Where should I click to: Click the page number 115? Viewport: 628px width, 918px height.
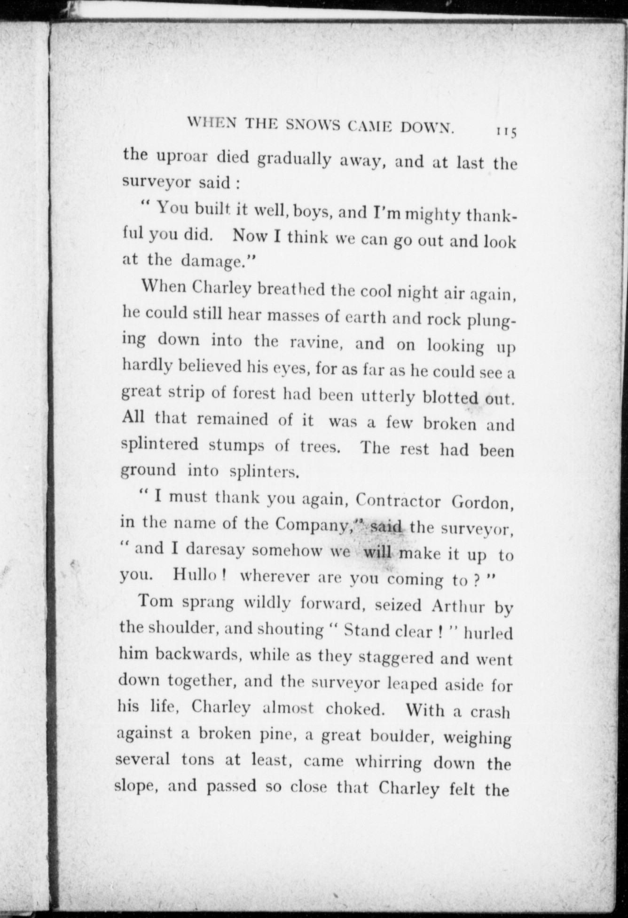click(505, 132)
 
